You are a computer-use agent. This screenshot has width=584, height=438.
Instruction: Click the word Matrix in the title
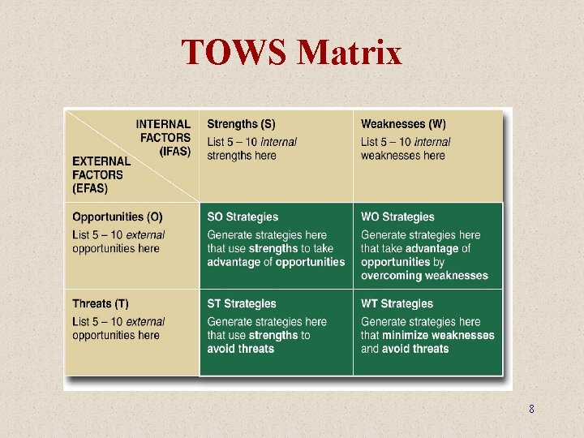[350, 53]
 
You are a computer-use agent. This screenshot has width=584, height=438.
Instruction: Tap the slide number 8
[531, 410]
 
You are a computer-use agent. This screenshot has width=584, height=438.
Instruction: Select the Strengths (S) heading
[241, 124]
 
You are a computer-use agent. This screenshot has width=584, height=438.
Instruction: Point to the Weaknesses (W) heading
[403, 124]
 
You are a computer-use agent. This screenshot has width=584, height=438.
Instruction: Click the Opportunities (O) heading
[117, 217]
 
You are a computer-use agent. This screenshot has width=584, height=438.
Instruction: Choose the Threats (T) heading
[100, 303]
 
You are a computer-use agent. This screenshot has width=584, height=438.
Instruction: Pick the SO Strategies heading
[243, 217]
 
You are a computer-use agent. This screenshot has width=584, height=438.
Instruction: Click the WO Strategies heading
[397, 217]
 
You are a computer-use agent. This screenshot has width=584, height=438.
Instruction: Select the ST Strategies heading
[242, 303]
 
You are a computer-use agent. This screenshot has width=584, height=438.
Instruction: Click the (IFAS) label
[175, 151]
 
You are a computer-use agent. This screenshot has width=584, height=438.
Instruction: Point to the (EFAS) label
[90, 188]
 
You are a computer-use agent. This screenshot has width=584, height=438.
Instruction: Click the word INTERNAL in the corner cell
[163, 124]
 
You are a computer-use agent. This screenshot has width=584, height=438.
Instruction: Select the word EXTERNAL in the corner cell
[101, 161]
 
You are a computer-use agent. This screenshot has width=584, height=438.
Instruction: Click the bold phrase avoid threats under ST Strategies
[241, 349]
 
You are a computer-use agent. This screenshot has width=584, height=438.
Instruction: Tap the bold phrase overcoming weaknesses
[424, 275]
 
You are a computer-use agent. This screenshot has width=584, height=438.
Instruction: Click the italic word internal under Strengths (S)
[278, 142]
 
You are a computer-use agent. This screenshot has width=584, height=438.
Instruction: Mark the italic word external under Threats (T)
[145, 322]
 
